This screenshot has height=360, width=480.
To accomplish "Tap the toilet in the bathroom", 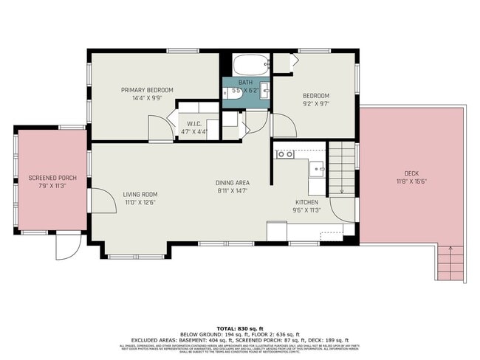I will [x=228, y=94].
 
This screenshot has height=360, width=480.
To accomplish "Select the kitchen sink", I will [x=317, y=168].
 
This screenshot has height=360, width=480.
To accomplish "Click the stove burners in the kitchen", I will [x=284, y=154].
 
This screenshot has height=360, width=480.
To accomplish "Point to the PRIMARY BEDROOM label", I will [x=147, y=90].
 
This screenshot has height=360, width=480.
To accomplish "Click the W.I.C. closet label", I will [x=194, y=123].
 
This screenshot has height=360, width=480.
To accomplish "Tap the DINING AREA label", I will [x=232, y=182].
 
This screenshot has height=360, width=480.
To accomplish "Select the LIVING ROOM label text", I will [x=140, y=194].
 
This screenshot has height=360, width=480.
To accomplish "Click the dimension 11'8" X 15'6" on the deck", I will [x=411, y=181].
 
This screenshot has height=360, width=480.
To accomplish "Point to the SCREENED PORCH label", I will [x=52, y=178].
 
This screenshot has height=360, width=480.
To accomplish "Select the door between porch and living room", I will [x=102, y=199].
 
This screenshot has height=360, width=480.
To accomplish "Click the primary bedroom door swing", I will [x=160, y=129].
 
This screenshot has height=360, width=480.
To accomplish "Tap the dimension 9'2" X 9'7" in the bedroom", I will [x=315, y=104].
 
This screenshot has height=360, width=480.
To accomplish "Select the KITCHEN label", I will [x=306, y=202].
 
